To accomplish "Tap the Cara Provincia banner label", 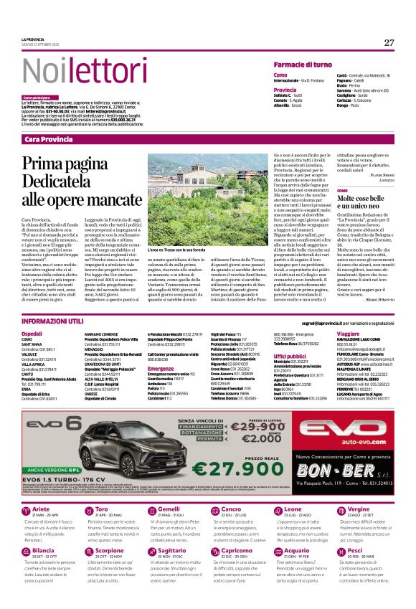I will (48, 138).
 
